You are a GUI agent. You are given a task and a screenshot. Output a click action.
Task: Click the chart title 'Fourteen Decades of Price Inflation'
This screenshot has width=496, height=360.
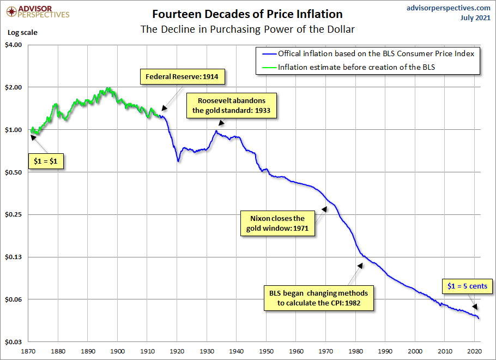click(x=247, y=14)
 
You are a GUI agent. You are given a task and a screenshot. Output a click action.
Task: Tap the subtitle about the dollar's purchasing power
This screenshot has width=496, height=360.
click(x=247, y=29)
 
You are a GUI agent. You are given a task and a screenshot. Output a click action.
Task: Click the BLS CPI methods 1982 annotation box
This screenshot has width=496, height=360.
click(x=319, y=297)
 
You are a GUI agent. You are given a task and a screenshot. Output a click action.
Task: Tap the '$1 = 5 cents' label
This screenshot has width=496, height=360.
click(x=467, y=286)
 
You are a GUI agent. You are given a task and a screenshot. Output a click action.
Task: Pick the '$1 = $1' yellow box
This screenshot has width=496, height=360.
click(x=46, y=162)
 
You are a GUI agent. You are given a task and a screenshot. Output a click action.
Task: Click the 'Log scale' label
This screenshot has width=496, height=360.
click(x=22, y=32)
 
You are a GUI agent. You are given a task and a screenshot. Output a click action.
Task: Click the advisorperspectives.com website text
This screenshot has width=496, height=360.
click(x=448, y=8)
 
